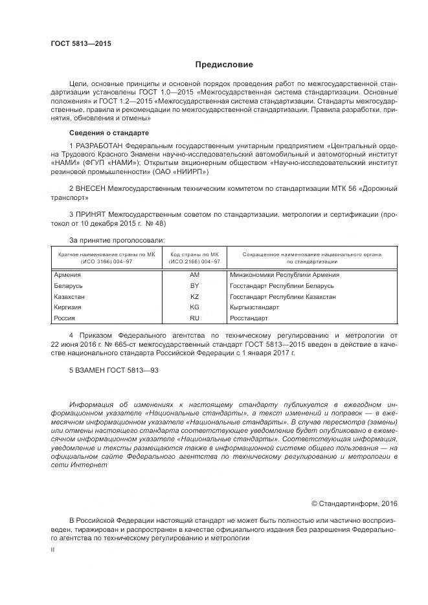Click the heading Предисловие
tap(225, 65)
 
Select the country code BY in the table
tap(194, 286)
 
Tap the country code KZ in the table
tap(194, 296)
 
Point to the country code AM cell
tap(194, 275)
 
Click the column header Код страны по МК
tap(194, 255)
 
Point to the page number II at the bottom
tap(53, 549)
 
